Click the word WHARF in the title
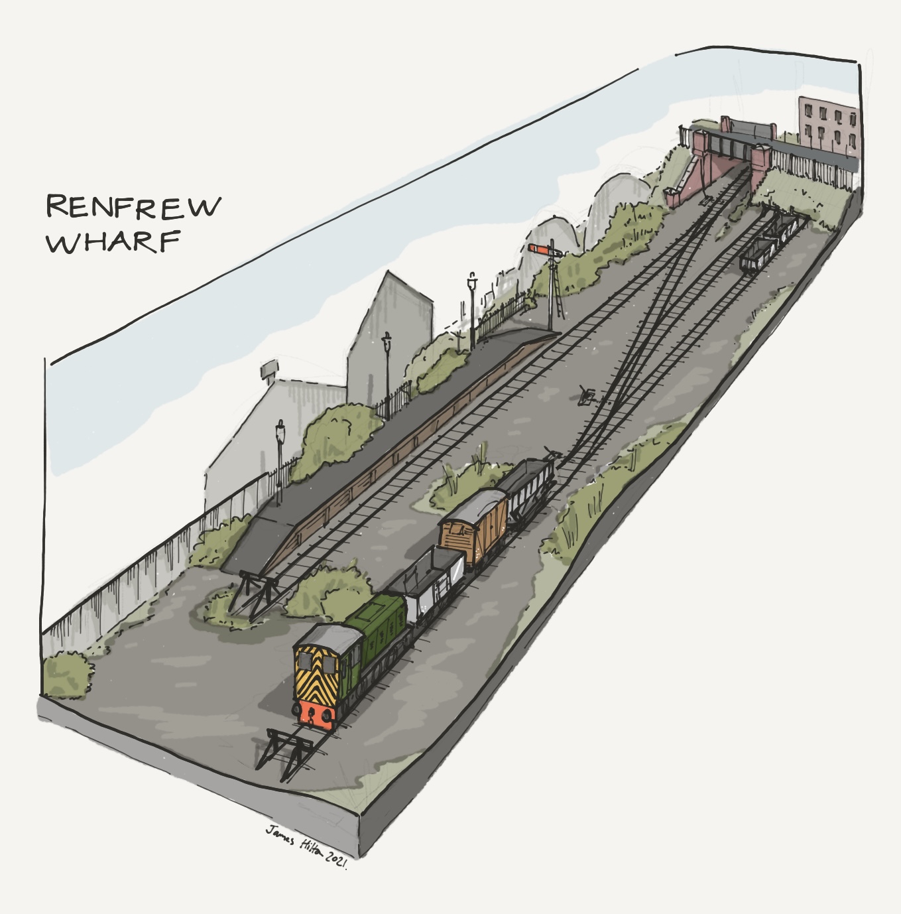[x=113, y=242]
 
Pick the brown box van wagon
[x=473, y=528]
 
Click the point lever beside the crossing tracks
[x=586, y=395]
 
